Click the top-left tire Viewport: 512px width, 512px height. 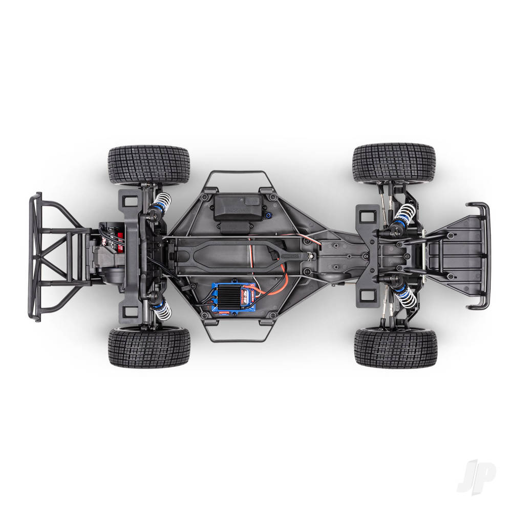click(x=149, y=164)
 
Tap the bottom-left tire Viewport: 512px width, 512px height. click(x=149, y=347)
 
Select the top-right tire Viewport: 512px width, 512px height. click(x=394, y=163)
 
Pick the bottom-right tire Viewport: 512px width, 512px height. click(x=394, y=348)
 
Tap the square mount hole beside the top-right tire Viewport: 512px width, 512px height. click(x=367, y=216)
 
